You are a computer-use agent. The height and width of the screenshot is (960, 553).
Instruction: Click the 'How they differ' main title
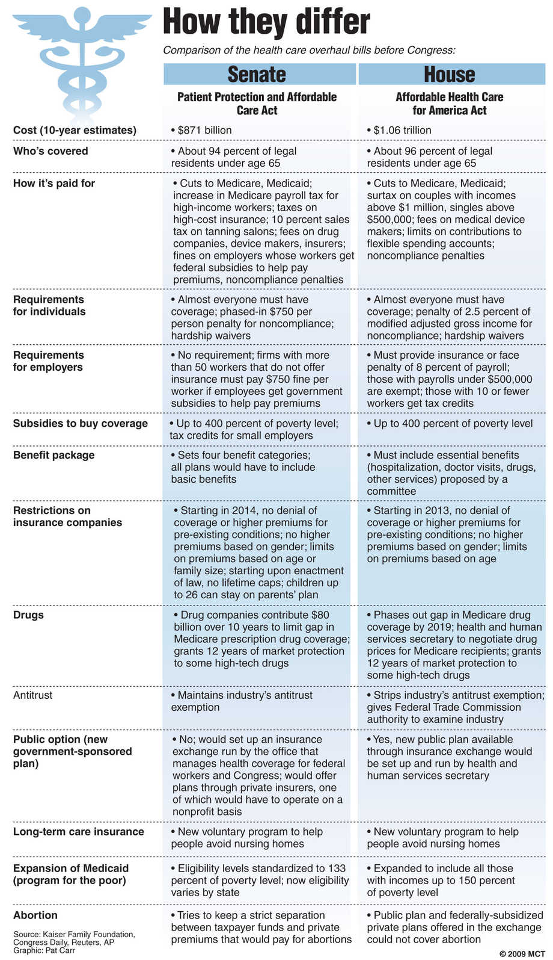click(266, 22)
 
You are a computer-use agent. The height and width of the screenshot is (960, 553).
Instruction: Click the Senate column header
click(257, 74)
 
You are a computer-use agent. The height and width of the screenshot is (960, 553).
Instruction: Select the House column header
click(450, 74)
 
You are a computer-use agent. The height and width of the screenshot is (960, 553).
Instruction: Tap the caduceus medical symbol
click(82, 60)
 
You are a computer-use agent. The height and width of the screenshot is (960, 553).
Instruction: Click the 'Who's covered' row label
click(50, 151)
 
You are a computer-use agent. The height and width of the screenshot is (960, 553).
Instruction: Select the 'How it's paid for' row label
click(54, 183)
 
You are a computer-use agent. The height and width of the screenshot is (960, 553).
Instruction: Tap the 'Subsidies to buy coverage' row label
click(81, 423)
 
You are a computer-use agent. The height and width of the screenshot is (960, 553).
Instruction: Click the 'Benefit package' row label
click(54, 455)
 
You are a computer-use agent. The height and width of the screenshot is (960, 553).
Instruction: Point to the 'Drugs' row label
click(28, 615)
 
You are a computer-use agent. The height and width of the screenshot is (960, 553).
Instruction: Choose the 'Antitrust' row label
click(33, 695)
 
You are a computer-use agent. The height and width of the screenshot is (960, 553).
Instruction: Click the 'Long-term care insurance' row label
click(79, 832)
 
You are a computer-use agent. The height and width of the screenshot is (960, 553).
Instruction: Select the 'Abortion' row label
click(35, 915)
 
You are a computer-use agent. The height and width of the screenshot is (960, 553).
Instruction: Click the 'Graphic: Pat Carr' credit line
click(44, 950)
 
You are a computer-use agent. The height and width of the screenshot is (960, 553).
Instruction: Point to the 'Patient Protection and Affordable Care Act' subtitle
click(257, 104)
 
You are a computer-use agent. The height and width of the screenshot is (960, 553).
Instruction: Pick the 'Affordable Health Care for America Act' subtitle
click(450, 104)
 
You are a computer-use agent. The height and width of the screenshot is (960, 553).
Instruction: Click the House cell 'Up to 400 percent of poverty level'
click(453, 423)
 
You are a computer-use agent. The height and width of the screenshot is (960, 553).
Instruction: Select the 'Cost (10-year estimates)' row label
click(75, 130)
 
